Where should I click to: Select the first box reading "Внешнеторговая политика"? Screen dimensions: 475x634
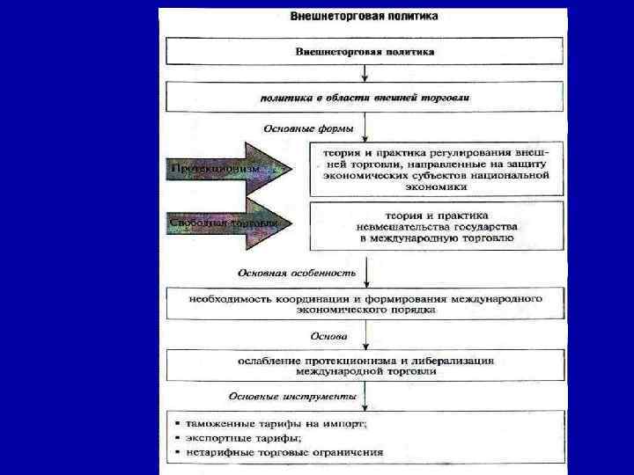pyautogui.click(x=364, y=52)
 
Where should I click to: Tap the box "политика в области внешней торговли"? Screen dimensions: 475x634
pyautogui.click(x=364, y=97)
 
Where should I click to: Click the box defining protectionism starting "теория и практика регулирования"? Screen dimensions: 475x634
pyautogui.click(x=435, y=168)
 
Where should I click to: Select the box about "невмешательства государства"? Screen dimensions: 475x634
pyautogui.click(x=435, y=226)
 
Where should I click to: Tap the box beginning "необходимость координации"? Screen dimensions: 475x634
pyautogui.click(x=364, y=304)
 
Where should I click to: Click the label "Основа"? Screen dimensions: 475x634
pyautogui.click(x=329, y=335)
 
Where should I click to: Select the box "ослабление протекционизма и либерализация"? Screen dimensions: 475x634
pyautogui.click(x=364, y=366)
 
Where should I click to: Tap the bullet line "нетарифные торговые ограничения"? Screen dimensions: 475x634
pyautogui.click(x=282, y=452)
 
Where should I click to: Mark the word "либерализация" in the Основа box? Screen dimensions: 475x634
pyautogui.click(x=449, y=361)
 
